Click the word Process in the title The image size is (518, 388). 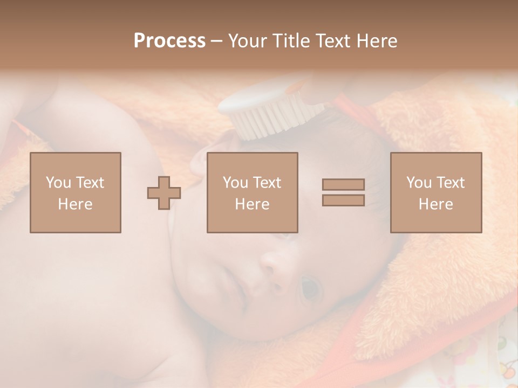(169, 41)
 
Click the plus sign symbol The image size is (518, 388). (164, 193)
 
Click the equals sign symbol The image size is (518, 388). (343, 192)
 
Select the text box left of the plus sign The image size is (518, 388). (76, 193)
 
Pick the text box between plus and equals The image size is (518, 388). (252, 193)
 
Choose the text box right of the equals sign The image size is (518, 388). (436, 193)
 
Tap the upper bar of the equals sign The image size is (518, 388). (343, 185)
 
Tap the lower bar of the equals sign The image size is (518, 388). (343, 200)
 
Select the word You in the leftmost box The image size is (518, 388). (57, 183)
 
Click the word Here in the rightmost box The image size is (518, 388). (436, 204)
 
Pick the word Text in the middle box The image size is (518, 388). (266, 183)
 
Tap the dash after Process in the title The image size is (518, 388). (217, 41)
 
